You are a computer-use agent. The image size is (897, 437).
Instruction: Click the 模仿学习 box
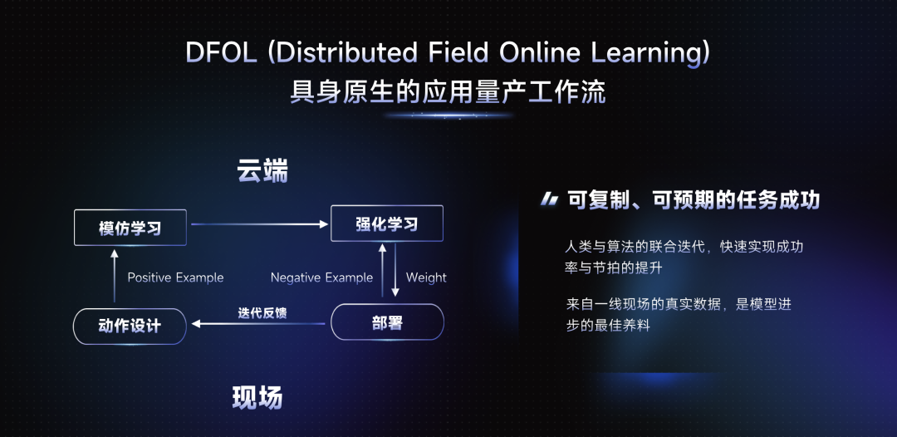(x=130, y=228)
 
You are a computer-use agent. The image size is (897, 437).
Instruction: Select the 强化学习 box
(x=387, y=223)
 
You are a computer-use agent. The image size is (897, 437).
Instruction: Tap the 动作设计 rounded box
(x=130, y=327)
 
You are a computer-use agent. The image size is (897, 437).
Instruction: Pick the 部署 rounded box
(x=387, y=322)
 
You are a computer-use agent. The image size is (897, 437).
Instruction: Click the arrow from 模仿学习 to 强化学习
(x=259, y=224)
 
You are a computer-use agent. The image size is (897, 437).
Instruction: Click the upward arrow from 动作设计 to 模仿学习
(x=115, y=276)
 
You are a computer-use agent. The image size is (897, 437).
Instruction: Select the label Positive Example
(x=175, y=277)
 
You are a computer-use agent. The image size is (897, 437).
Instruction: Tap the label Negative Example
(x=321, y=277)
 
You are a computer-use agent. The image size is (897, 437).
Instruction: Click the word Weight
(x=426, y=277)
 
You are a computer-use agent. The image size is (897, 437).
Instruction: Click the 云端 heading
(x=262, y=172)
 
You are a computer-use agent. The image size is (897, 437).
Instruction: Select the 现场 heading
(x=257, y=398)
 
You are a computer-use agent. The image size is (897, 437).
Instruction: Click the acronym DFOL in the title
(x=220, y=53)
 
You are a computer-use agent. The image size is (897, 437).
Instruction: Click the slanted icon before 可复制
(x=549, y=199)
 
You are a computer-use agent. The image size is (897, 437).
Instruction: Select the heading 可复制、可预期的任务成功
(x=694, y=199)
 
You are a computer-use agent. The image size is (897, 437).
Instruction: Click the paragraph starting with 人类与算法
(x=687, y=257)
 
